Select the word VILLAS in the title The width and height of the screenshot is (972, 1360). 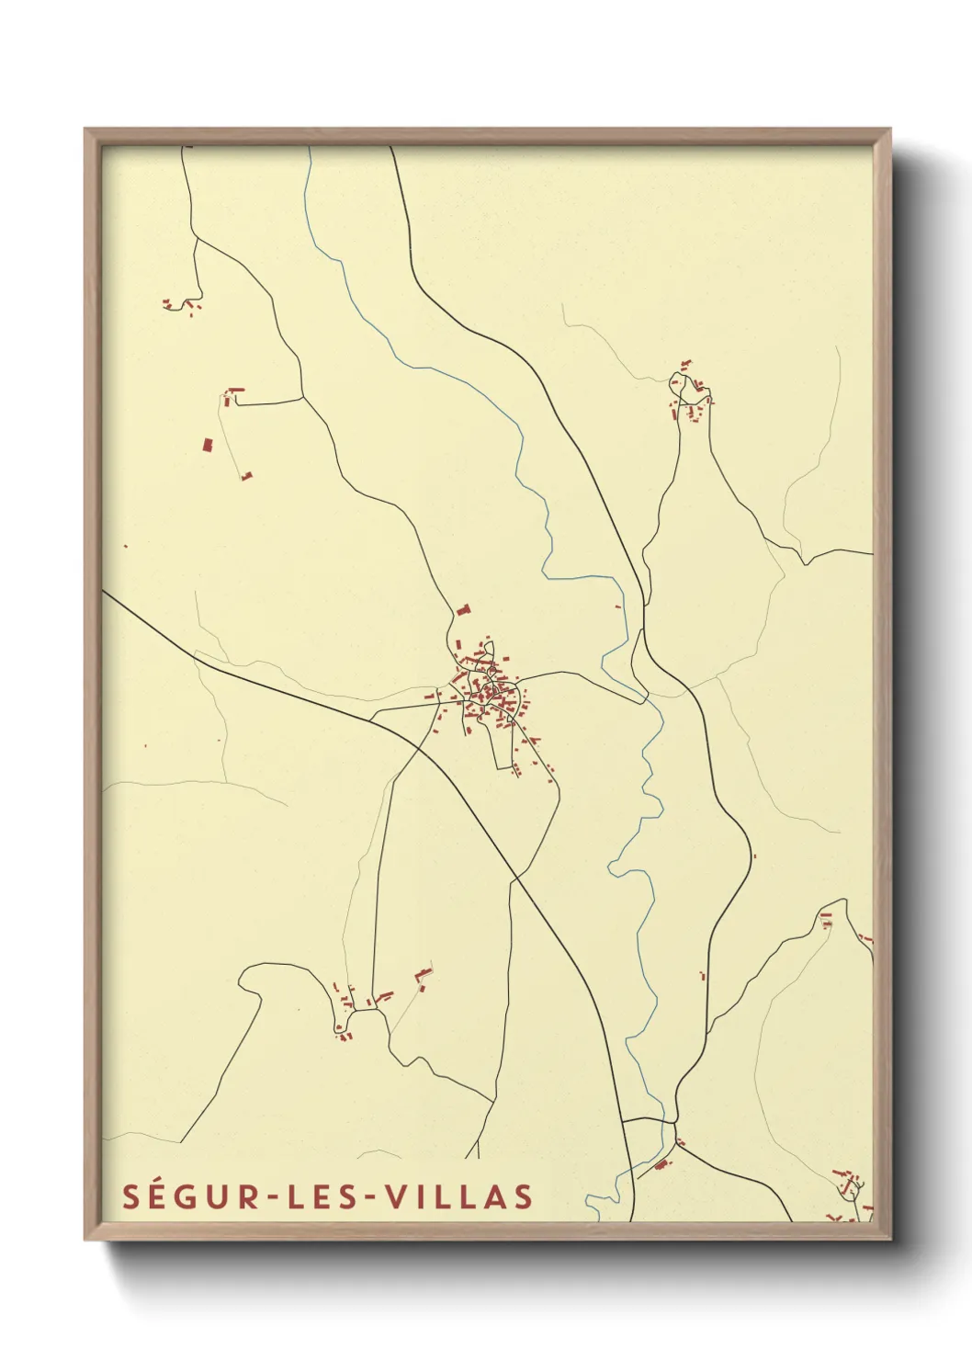pos(458,1196)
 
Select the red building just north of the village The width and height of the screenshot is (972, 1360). pos(463,609)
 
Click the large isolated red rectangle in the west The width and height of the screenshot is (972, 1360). pos(208,445)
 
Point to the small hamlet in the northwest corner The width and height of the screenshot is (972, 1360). pos(182,304)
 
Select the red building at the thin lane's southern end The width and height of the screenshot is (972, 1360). pos(246,476)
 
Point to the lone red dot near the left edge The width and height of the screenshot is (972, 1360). pos(126,547)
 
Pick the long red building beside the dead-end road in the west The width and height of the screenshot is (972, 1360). pos(236,391)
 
